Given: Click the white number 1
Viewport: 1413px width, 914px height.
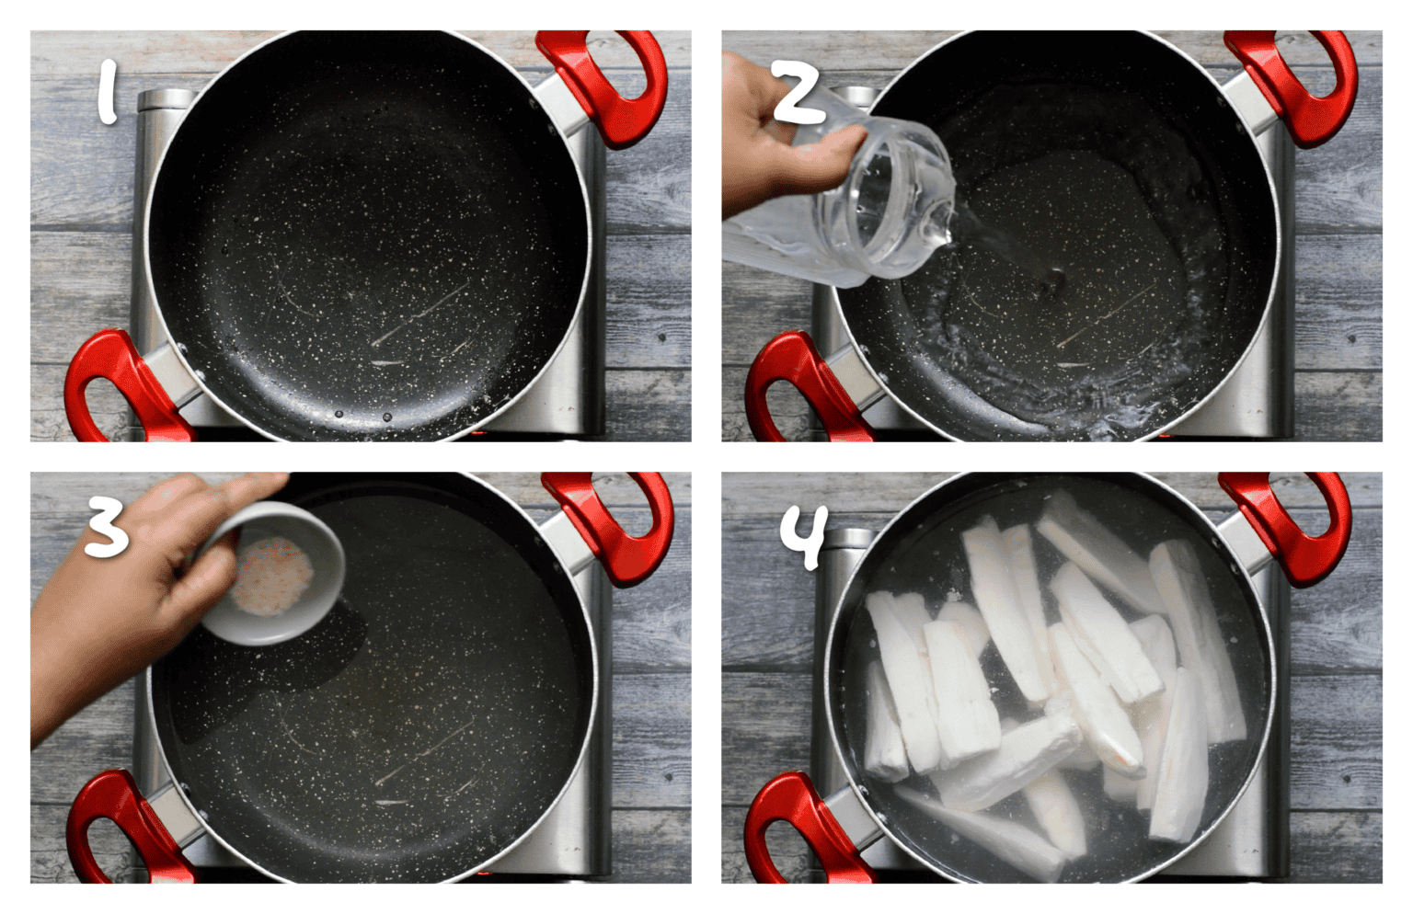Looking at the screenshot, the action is click(108, 91).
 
